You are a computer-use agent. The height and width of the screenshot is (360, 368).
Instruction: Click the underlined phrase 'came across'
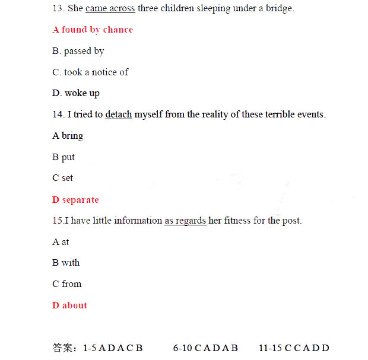(110, 8)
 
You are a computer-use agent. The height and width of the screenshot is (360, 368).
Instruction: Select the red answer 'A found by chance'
(93, 30)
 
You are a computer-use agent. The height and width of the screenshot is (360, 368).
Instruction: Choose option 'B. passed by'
(78, 51)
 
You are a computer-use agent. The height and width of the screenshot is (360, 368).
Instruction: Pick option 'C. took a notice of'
(90, 72)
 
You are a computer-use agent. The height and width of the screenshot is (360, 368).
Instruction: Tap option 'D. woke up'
(76, 93)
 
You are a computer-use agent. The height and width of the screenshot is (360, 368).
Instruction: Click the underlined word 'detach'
(119, 114)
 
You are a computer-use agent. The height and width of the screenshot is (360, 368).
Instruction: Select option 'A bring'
(68, 136)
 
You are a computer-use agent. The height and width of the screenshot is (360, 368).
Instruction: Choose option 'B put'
(64, 157)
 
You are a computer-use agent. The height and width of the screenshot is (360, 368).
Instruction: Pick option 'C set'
(63, 178)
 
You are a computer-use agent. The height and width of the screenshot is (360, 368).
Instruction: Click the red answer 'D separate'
(75, 200)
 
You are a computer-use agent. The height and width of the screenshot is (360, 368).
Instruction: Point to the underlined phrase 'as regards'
(185, 221)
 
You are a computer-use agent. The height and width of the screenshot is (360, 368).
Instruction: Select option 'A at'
(61, 242)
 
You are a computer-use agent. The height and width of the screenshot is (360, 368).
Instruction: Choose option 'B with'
(66, 263)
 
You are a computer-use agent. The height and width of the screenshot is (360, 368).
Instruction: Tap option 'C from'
(67, 284)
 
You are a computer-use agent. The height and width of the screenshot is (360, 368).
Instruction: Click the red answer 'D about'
(69, 305)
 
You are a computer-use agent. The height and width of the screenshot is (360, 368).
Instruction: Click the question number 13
(58, 8)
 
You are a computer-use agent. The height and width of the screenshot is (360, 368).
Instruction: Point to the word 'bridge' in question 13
(279, 8)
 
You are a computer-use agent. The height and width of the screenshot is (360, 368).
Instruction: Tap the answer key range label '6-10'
(183, 348)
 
